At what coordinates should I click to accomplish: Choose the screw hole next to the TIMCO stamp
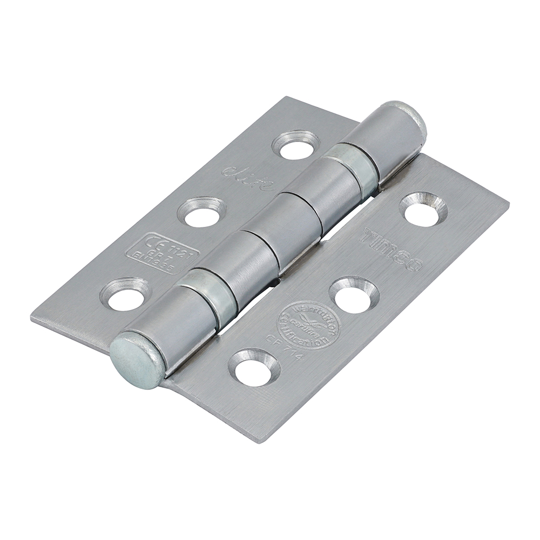click(423, 209)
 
